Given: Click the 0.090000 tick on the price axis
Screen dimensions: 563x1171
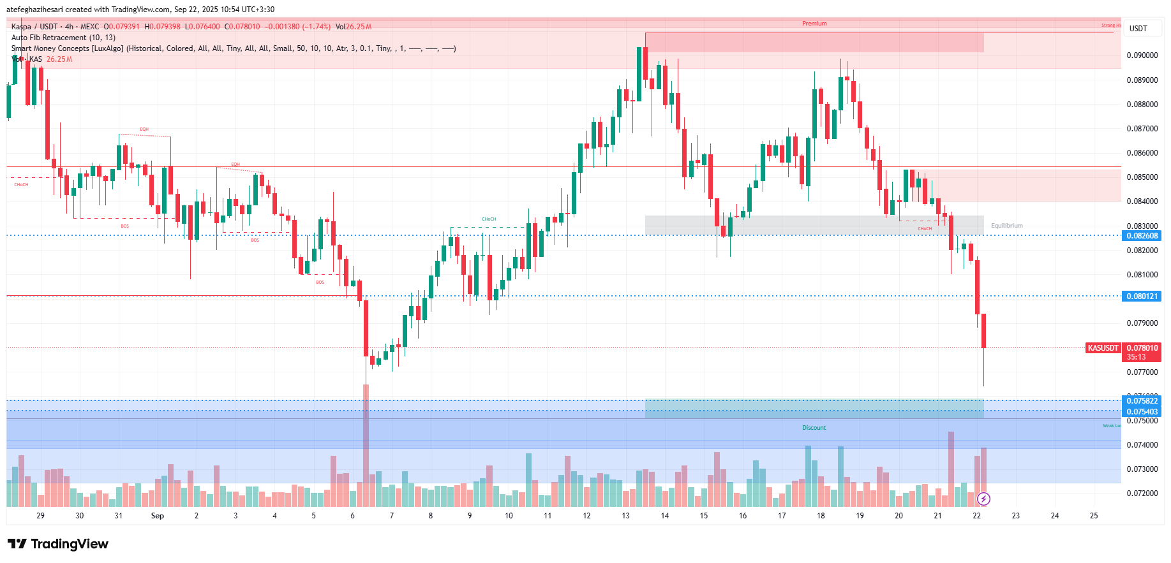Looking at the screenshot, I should click(1142, 55).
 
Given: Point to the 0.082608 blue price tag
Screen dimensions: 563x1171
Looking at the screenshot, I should click(1142, 236).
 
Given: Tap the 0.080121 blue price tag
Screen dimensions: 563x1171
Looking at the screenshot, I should click(1142, 296).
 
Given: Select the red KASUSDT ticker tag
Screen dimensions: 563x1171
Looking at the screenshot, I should click(1103, 348).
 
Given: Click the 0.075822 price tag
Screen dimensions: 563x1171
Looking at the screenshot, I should click(1142, 401).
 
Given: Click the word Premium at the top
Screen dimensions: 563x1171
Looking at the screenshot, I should click(814, 24).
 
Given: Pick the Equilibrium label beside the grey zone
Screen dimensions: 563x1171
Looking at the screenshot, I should click(1006, 226).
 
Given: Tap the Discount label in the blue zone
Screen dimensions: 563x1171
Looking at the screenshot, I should click(814, 428).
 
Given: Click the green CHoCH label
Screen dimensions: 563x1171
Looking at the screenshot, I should click(489, 219).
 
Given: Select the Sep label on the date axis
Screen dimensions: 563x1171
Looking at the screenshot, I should click(157, 516).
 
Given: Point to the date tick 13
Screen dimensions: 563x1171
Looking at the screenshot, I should click(625, 516).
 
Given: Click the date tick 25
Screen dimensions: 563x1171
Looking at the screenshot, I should click(1094, 516).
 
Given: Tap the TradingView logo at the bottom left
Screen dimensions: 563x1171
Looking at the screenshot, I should click(58, 544).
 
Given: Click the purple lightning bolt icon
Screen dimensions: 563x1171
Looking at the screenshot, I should click(983, 499).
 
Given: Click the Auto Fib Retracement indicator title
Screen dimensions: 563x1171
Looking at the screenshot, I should click(63, 38).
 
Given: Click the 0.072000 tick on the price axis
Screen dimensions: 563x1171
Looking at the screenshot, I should click(1142, 494).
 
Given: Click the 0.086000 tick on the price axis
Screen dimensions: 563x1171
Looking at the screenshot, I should click(1142, 153).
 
